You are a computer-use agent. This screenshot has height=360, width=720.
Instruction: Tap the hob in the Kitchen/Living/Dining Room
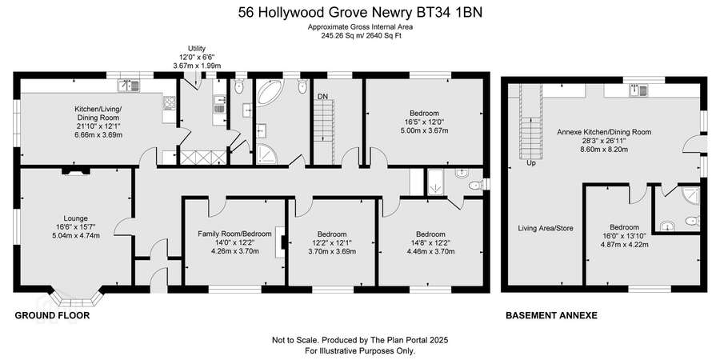(x=170, y=103)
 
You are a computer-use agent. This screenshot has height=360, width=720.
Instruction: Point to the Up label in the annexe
(x=531, y=162)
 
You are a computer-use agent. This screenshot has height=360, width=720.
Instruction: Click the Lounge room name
(x=76, y=218)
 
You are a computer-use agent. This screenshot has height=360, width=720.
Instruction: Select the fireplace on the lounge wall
(x=76, y=171)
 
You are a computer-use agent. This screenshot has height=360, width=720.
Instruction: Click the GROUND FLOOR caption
(x=52, y=315)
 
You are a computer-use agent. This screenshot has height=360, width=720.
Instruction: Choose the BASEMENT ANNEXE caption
(x=551, y=315)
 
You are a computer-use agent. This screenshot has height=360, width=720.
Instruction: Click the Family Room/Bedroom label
(x=234, y=234)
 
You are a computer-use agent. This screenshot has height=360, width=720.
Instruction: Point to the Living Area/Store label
(x=546, y=228)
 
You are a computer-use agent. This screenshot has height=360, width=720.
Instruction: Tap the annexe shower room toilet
(x=693, y=221)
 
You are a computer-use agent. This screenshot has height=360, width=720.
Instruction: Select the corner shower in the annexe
(x=691, y=195)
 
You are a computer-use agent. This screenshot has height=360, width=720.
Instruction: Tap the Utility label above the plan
(x=197, y=48)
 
